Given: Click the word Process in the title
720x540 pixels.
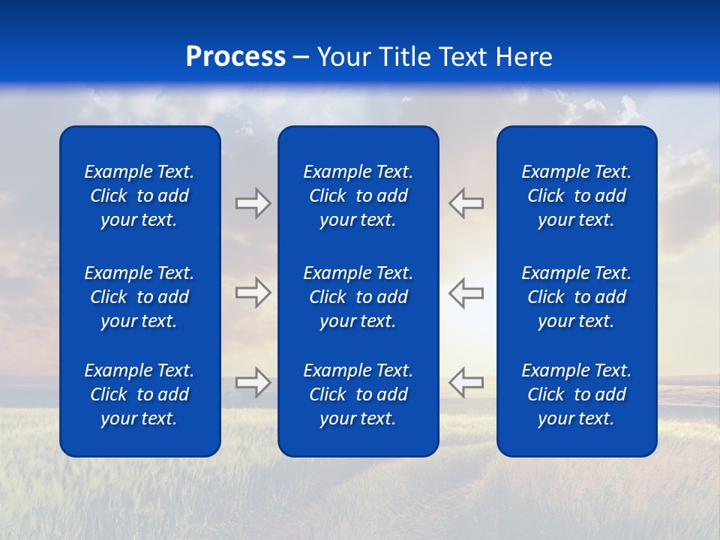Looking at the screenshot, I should coord(235,57).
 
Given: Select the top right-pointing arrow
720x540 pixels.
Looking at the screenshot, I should coord(253,203).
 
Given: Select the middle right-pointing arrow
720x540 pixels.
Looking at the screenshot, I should coord(253,292).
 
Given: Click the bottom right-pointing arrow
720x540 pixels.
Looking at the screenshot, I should coord(253,382).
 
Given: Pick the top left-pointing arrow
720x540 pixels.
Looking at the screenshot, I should coord(466,203).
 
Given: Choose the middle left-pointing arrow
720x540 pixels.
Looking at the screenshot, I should coord(466,292).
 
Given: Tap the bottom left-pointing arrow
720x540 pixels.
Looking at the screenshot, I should coord(466,382).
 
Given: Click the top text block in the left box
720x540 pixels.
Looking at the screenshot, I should coord(139,196).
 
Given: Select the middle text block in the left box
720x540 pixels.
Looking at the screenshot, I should coord(139,297).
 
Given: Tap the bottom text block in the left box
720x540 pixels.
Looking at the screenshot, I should coord(139,394).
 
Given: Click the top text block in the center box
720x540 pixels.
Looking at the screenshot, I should coord(358,196).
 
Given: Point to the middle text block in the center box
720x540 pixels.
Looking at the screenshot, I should coord(358,297).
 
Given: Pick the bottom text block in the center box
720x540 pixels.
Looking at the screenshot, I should coord(358,394).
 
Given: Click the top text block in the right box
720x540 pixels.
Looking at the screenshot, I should coord(576,196).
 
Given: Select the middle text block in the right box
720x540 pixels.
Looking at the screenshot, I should coord(576,297).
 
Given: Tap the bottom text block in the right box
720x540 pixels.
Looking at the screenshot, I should coord(576,394).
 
